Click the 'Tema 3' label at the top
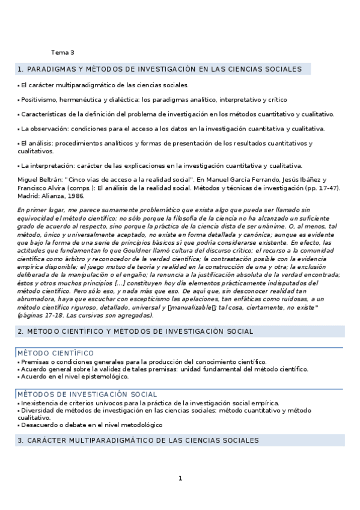tap(63, 52)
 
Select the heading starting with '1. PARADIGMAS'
tap(160, 69)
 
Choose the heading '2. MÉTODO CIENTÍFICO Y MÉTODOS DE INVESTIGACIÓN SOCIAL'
tap(135, 331)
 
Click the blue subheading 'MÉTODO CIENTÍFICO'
tap(55, 353)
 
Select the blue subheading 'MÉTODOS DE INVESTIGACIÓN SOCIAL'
tap(87, 394)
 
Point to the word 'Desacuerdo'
tap(39, 425)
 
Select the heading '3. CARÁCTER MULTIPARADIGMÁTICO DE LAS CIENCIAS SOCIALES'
tap(138, 440)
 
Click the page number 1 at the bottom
tap(180, 479)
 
